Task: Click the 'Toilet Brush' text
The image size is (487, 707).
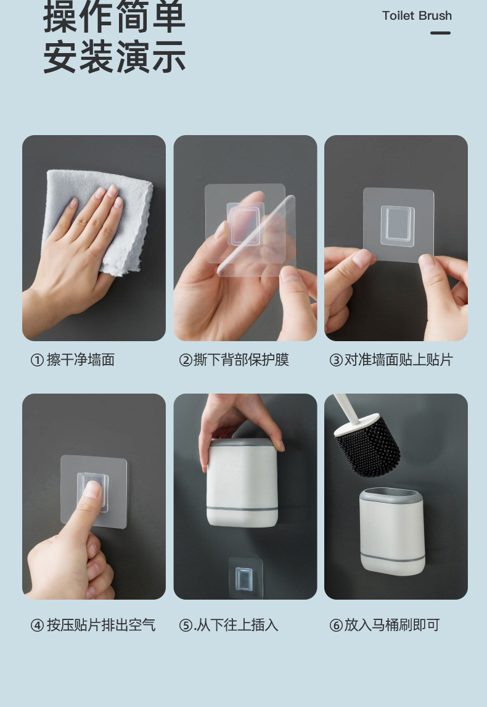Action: [x=417, y=16]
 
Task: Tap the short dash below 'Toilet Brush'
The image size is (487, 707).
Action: [x=440, y=33]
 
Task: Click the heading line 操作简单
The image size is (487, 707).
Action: [x=115, y=17]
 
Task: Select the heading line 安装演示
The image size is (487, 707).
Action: [x=115, y=57]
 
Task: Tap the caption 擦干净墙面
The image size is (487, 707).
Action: [x=81, y=360]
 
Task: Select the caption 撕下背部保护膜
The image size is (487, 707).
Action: [x=241, y=360]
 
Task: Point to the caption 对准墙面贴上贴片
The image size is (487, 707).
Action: [x=399, y=360]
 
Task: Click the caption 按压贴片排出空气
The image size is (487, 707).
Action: [x=101, y=625]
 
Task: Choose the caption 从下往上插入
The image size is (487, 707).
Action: [x=237, y=625]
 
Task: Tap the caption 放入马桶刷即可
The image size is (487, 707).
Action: [x=392, y=625]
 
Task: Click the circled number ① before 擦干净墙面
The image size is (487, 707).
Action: [x=37, y=360]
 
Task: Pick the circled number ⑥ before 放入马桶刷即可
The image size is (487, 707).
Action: [x=336, y=626]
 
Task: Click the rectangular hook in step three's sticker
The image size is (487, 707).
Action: [x=398, y=225]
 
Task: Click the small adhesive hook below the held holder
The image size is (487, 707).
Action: [x=245, y=578]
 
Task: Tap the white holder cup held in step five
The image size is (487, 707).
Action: [x=242, y=482]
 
